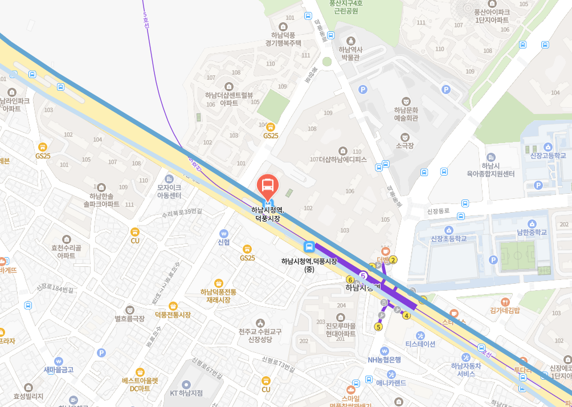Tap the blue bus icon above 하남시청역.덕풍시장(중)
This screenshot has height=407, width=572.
tap(309, 247)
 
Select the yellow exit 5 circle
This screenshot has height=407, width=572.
tap(378, 327)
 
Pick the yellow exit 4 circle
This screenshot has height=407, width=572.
tap(406, 315)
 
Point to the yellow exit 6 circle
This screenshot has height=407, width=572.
tap(350, 279)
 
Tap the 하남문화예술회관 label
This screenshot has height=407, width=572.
tap(406, 114)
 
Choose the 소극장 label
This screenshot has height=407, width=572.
tap(405, 145)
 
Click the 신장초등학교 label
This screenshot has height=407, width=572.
tap(449, 238)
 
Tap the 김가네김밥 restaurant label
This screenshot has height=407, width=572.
tap(505, 310)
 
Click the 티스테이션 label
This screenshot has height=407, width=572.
tap(420, 343)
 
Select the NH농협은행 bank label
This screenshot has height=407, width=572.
tap(385, 359)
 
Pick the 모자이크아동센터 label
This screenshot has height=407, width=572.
tap(169, 191)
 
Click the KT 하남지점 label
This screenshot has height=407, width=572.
tap(186, 393)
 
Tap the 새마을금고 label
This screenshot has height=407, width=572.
tap(59, 369)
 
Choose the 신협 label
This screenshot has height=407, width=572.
tap(223, 242)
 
